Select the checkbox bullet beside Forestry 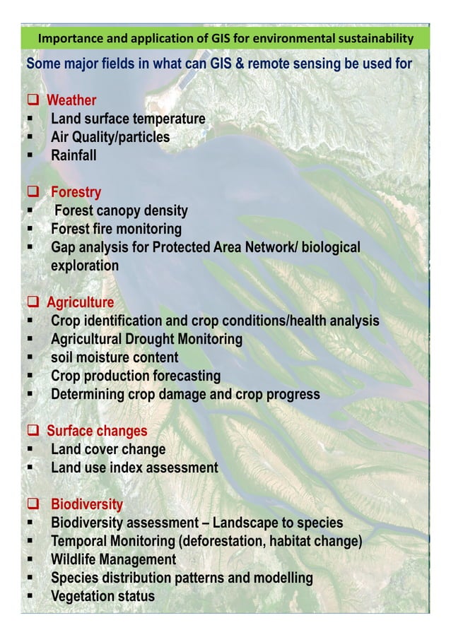33,192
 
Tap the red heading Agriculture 80,303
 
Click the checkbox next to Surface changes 33,431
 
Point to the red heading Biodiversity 86,504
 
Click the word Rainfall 74,155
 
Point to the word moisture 104,358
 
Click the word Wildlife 74,559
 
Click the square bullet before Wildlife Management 31,560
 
